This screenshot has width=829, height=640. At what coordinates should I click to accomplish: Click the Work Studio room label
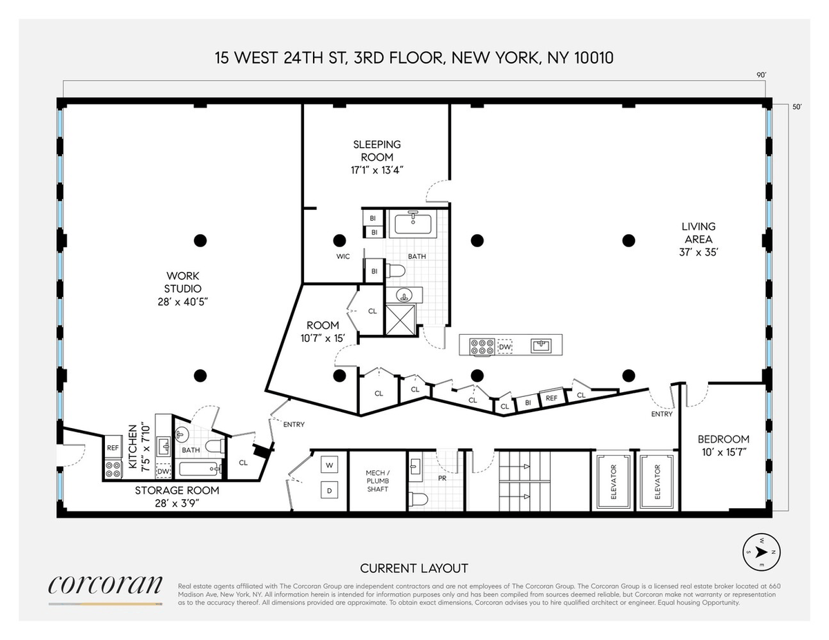(x=183, y=289)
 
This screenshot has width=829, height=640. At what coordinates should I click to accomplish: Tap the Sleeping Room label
(x=377, y=157)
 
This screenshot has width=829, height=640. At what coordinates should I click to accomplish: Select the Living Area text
(x=698, y=240)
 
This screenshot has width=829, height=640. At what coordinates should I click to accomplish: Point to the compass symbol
(x=761, y=552)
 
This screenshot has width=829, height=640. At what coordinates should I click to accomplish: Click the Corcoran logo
(x=105, y=584)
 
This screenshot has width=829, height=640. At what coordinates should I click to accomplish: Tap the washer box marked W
(x=330, y=465)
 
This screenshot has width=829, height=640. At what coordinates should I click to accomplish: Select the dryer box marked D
(x=330, y=491)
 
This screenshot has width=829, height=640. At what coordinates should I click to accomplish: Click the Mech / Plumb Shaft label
(x=378, y=481)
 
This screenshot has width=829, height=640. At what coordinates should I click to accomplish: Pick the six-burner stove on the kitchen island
(x=482, y=347)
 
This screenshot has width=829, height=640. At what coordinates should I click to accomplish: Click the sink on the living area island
(x=541, y=346)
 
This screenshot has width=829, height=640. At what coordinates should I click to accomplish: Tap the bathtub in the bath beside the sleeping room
(x=413, y=224)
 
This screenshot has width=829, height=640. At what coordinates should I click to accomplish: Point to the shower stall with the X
(x=400, y=320)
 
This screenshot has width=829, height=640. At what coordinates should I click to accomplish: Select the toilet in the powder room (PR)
(x=419, y=498)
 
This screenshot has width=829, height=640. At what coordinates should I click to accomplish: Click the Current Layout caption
(x=414, y=568)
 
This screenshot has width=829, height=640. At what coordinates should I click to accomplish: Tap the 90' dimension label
(x=761, y=75)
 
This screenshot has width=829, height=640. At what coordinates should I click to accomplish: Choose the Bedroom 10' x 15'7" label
(x=723, y=445)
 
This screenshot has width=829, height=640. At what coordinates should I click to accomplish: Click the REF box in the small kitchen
(x=113, y=447)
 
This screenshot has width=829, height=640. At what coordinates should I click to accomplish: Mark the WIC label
(x=343, y=257)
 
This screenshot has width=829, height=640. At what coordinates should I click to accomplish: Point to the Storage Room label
(x=177, y=496)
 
